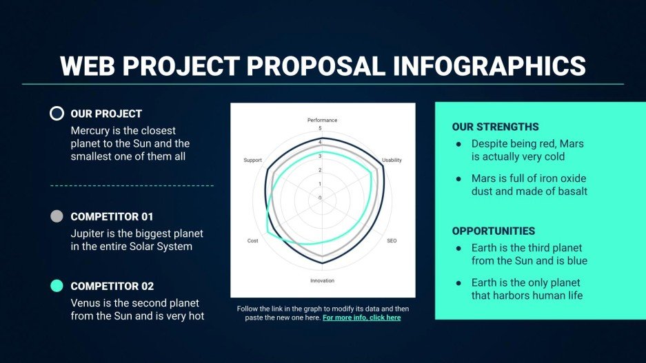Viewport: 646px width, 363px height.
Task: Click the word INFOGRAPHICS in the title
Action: (x=489, y=66)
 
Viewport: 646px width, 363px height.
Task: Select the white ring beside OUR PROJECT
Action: (x=57, y=114)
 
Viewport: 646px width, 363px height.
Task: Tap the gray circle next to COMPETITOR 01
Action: (x=57, y=216)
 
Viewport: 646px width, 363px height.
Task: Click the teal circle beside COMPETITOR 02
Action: (x=57, y=286)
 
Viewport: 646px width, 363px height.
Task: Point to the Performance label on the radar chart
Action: (x=322, y=121)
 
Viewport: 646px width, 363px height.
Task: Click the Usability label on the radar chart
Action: (x=392, y=160)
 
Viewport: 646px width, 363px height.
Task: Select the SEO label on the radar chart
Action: (x=392, y=241)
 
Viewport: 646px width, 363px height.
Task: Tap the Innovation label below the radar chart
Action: (x=322, y=281)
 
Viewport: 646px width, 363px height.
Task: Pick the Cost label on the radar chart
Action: (x=253, y=241)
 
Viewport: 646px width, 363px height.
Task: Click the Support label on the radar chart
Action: (x=252, y=160)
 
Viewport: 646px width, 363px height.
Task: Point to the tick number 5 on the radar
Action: (x=319, y=129)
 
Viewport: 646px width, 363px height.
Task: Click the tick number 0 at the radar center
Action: (x=319, y=198)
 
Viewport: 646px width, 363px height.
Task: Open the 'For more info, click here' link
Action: (x=361, y=318)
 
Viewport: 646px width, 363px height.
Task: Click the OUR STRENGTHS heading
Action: (x=495, y=127)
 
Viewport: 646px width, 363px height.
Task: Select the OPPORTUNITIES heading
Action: (x=493, y=231)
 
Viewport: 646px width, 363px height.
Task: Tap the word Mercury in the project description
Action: (x=91, y=130)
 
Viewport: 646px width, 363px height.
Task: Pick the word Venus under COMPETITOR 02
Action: (x=86, y=303)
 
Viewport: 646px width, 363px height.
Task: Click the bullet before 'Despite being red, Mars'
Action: (x=458, y=143)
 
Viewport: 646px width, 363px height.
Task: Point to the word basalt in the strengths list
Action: (x=569, y=191)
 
